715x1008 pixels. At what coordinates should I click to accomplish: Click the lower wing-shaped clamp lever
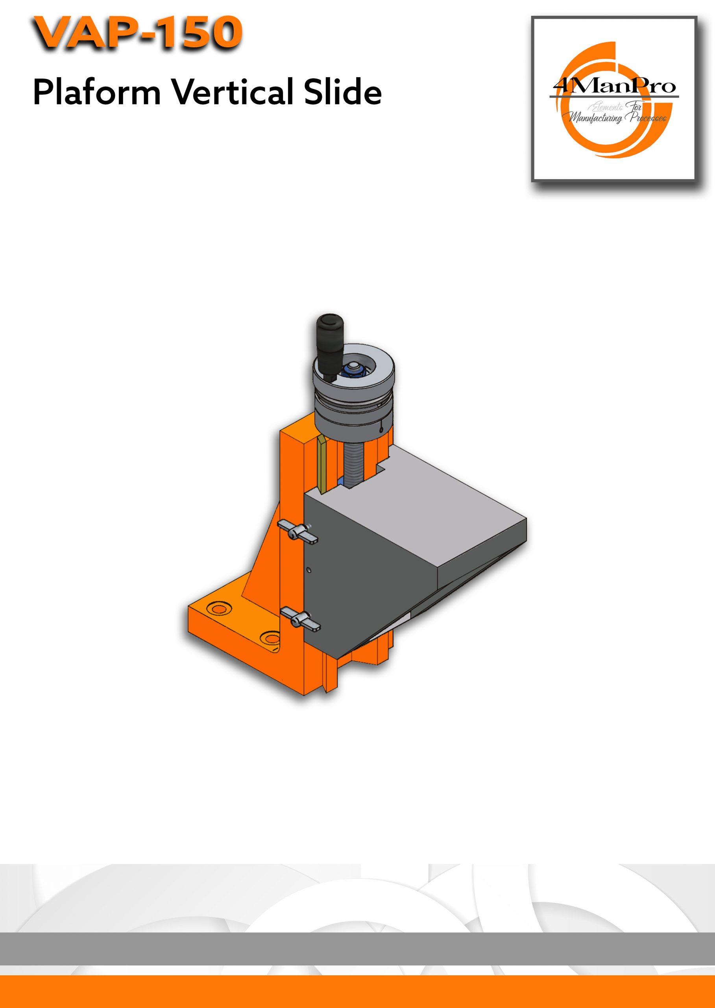pyautogui.click(x=300, y=618)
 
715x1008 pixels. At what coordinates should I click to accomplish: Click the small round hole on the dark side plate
pyautogui.click(x=309, y=570)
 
